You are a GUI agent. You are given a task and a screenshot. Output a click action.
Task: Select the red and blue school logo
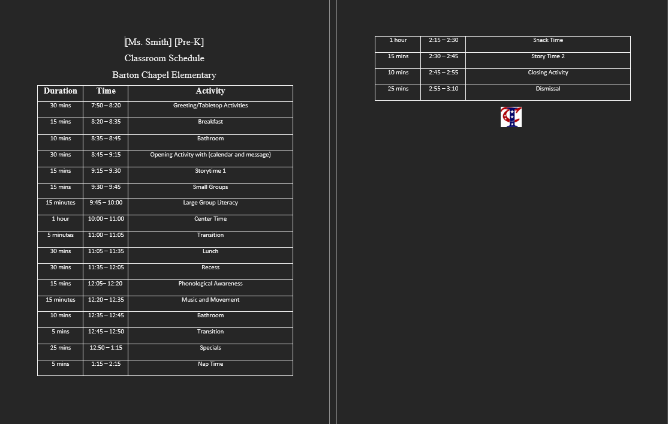[511, 117]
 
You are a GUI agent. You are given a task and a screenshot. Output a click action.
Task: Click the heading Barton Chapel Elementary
[164, 75]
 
